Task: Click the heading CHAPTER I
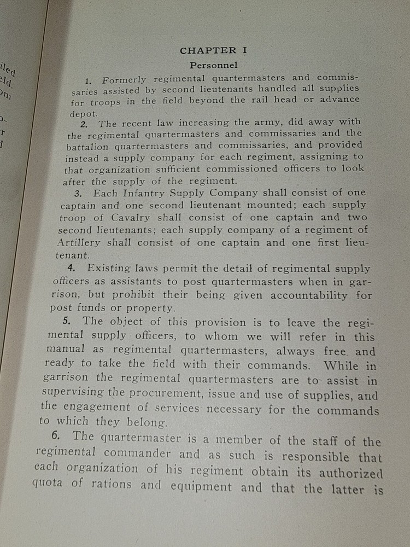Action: pyautogui.click(x=214, y=50)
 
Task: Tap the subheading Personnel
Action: pyautogui.click(x=213, y=65)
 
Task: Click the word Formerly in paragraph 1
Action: pyautogui.click(x=124, y=80)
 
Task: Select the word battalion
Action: pyautogui.click(x=89, y=146)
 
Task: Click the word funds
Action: pyautogui.click(x=91, y=308)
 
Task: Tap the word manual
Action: pyautogui.click(x=66, y=349)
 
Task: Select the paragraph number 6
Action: pyautogui.click(x=60, y=436)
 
